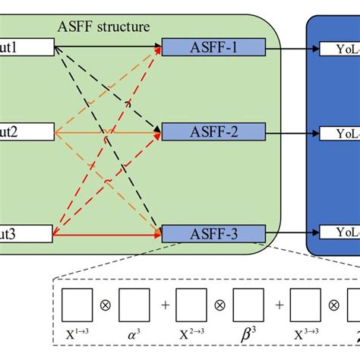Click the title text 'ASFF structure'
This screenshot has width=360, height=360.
point(104,27)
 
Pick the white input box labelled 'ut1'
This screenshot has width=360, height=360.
point(27,49)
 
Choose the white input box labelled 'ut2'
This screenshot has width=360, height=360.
point(27,133)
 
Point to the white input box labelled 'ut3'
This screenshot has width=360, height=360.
point(27,233)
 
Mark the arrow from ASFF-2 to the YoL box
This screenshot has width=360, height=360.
point(292,133)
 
